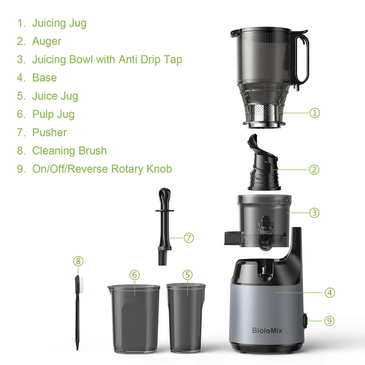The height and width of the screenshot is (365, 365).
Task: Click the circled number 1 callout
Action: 314,113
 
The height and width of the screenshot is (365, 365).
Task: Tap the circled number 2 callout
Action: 314,169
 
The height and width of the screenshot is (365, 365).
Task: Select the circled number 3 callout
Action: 314,213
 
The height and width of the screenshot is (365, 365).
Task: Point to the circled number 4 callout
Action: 329,293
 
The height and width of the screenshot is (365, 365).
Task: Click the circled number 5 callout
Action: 188,274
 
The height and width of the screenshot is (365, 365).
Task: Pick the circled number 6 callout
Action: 135,274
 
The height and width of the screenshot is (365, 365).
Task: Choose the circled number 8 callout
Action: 78,261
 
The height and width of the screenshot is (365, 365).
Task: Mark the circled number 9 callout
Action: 329,321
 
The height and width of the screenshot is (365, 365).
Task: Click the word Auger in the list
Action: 47,41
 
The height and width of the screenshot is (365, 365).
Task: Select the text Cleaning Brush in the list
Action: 69,151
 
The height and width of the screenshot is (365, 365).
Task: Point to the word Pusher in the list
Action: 49,132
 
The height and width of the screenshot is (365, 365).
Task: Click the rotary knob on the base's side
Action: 306,321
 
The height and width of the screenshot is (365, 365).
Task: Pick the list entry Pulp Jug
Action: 53,114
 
